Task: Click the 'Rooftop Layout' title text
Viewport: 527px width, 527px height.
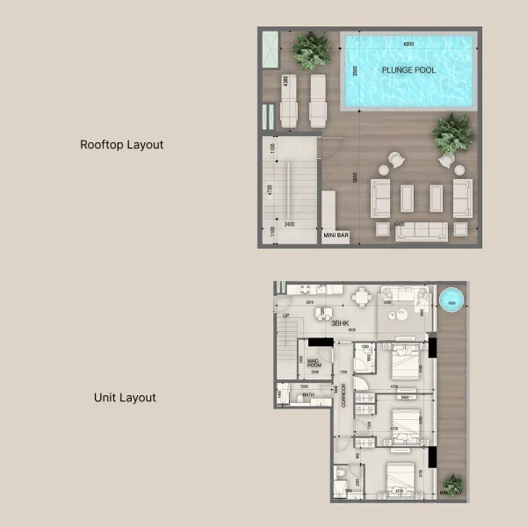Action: [x=121, y=145]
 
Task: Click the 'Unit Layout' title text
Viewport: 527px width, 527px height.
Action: [x=125, y=398]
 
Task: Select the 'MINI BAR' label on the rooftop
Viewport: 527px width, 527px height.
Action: [x=336, y=235]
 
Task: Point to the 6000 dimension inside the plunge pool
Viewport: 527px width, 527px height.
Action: [x=408, y=44]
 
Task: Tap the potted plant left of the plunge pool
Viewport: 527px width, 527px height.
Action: [x=312, y=51]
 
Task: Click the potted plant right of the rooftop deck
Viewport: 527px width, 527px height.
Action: [x=452, y=134]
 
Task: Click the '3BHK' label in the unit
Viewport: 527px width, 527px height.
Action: [x=340, y=323]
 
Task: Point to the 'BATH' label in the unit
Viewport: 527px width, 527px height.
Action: [x=308, y=395]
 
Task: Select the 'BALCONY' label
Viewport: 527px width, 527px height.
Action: [x=451, y=494]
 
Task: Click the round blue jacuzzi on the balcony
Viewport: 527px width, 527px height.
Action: [x=451, y=300]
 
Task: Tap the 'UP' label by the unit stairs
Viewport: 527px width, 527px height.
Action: [x=286, y=315]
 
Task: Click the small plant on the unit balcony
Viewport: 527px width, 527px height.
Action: [x=452, y=483]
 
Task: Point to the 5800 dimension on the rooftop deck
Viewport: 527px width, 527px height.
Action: [x=356, y=177]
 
